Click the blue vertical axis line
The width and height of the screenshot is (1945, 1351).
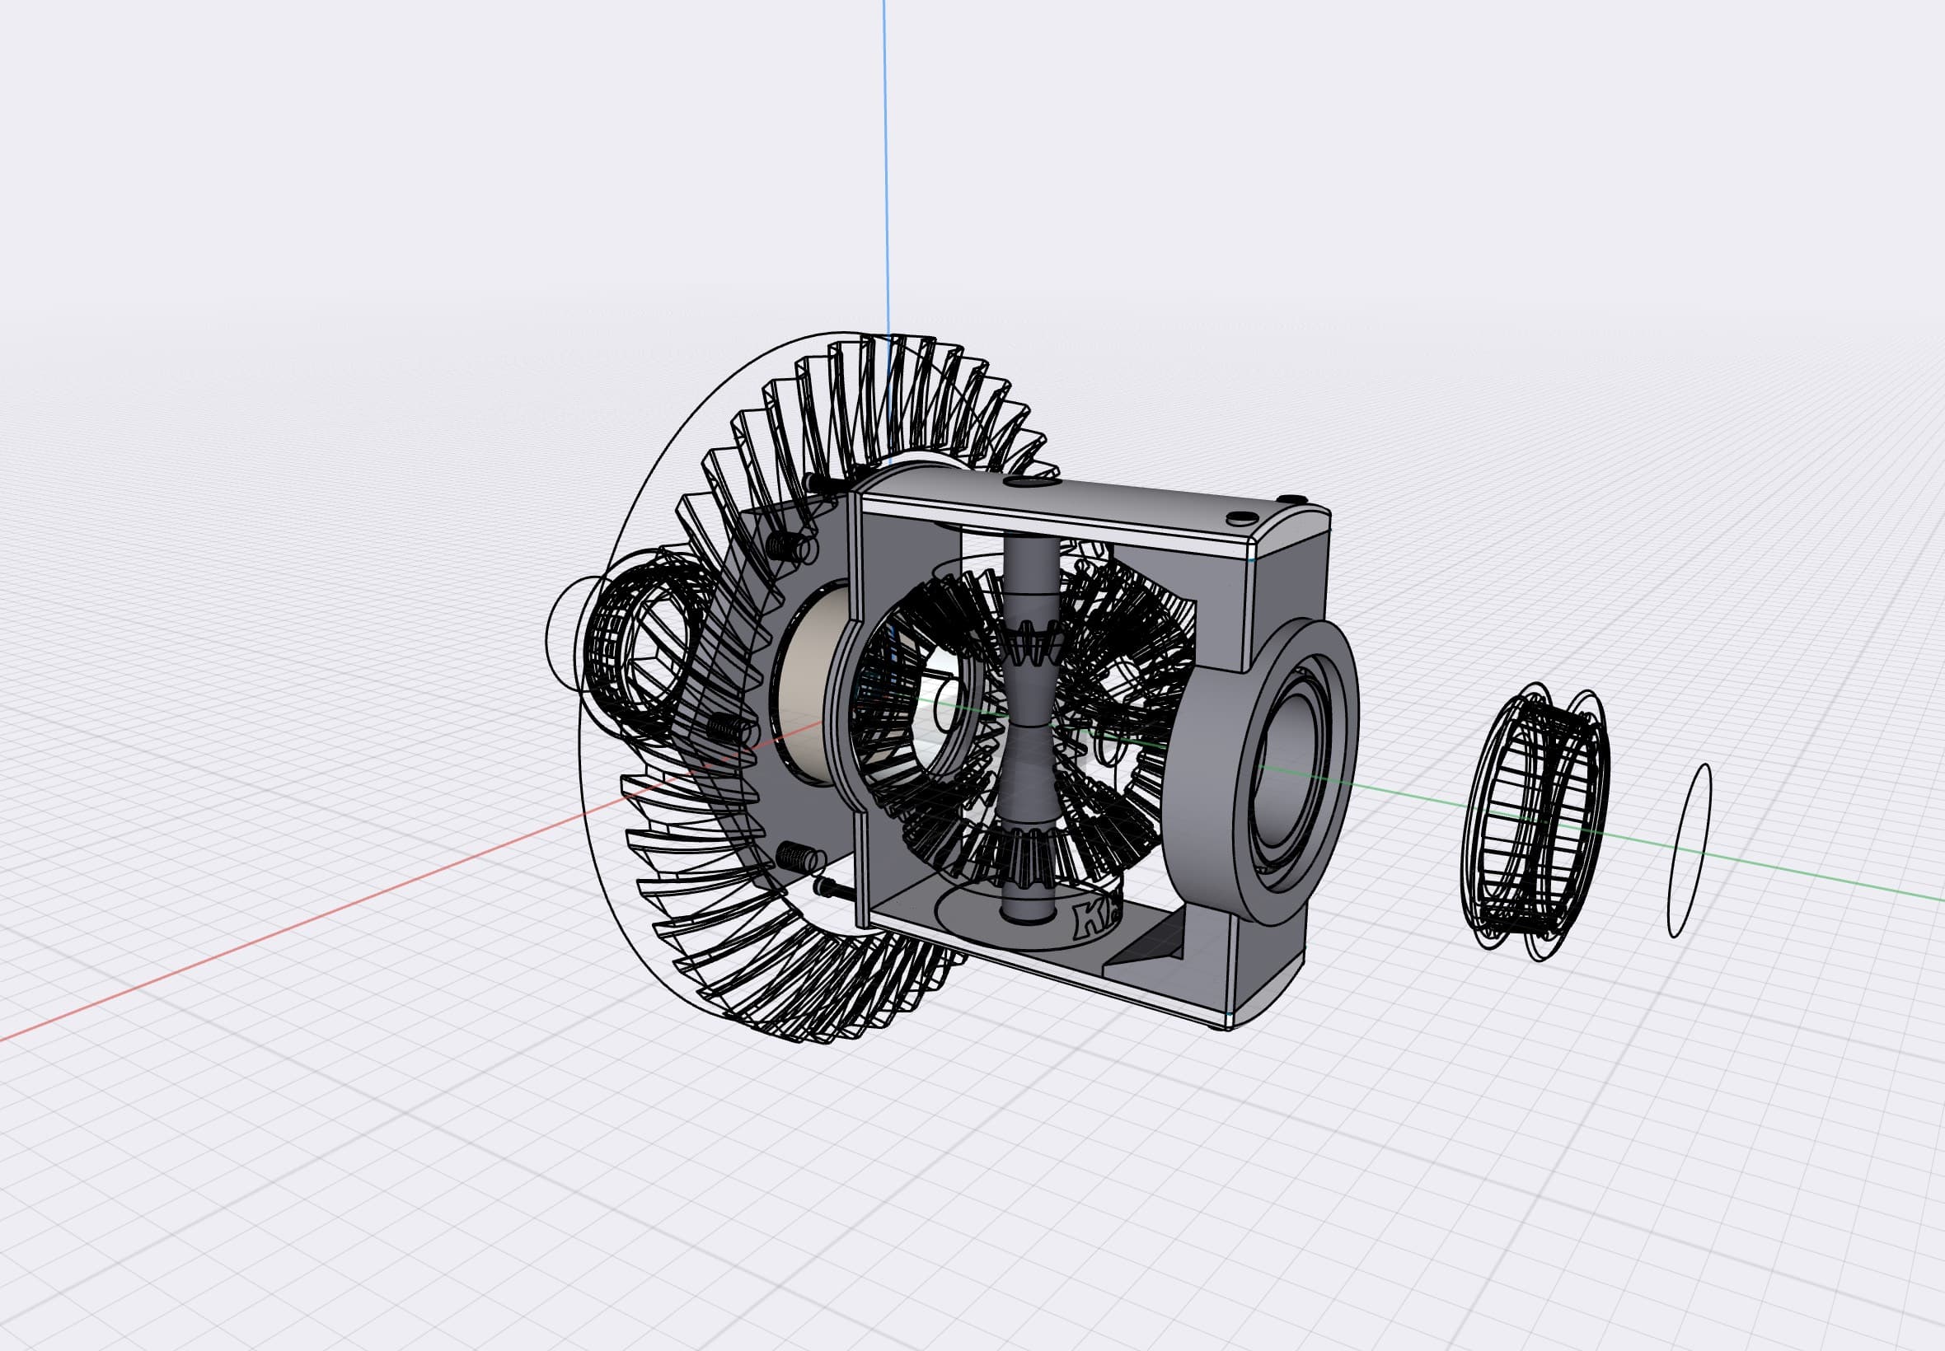(885, 170)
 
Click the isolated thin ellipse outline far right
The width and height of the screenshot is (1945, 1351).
(1690, 851)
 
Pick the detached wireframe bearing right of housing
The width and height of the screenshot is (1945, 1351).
(1534, 822)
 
